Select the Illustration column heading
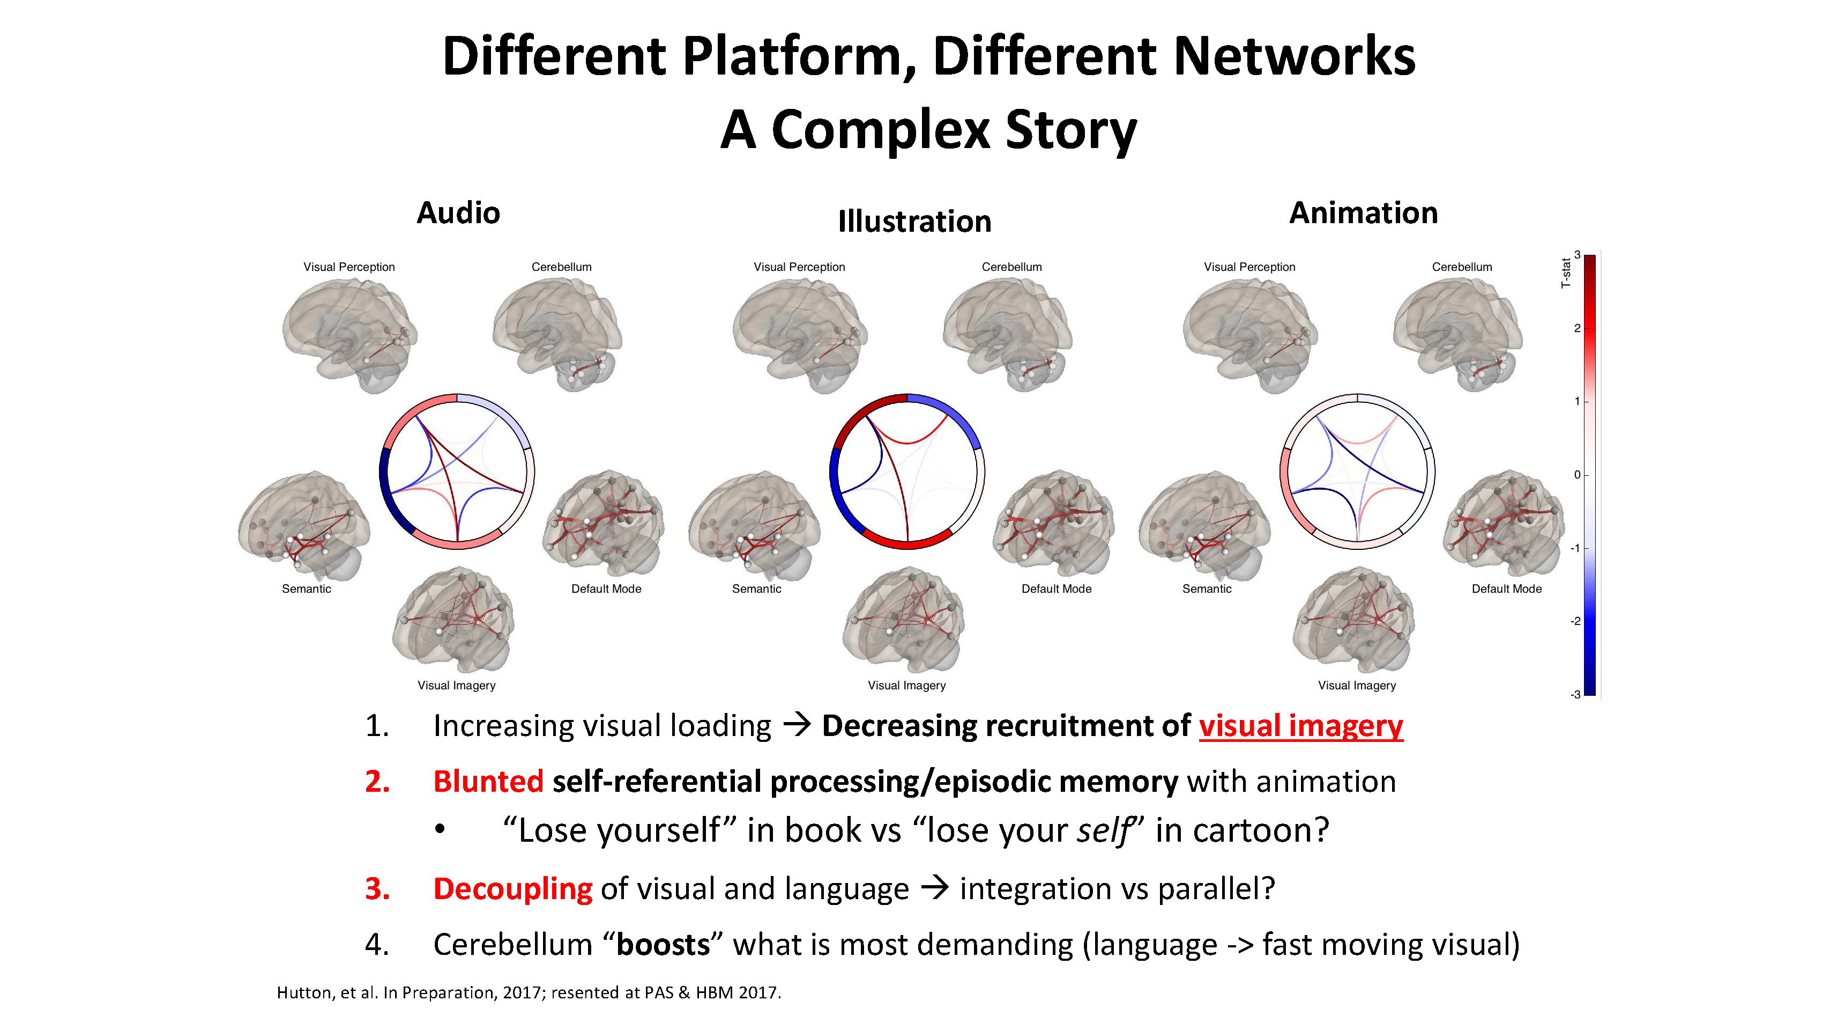point(914,221)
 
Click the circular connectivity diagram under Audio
point(457,472)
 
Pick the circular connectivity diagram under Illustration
point(907,472)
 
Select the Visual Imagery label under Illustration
point(906,685)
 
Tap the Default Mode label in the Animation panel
point(1506,588)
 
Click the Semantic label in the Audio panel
point(306,588)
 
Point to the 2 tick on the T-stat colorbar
point(1577,328)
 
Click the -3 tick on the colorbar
point(1575,695)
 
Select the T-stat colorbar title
point(1565,273)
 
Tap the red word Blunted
point(488,781)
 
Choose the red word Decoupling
point(512,888)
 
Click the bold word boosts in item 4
point(662,945)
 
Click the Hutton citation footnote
point(529,992)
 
